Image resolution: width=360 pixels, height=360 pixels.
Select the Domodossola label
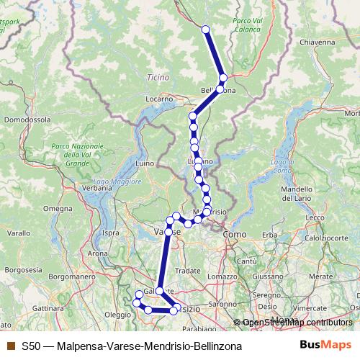pyautogui.click(x=26, y=118)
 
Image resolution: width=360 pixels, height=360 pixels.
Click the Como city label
pyautogui.click(x=235, y=235)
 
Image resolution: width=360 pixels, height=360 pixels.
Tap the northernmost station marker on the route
pyautogui.click(x=205, y=30)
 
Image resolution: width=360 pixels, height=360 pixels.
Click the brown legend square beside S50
pyautogui.click(x=10, y=346)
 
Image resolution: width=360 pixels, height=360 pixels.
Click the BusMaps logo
pyautogui.click(x=326, y=346)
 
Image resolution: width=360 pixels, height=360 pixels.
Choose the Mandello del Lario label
pyautogui.click(x=297, y=193)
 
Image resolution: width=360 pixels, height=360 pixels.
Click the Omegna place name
pyautogui.click(x=55, y=209)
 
